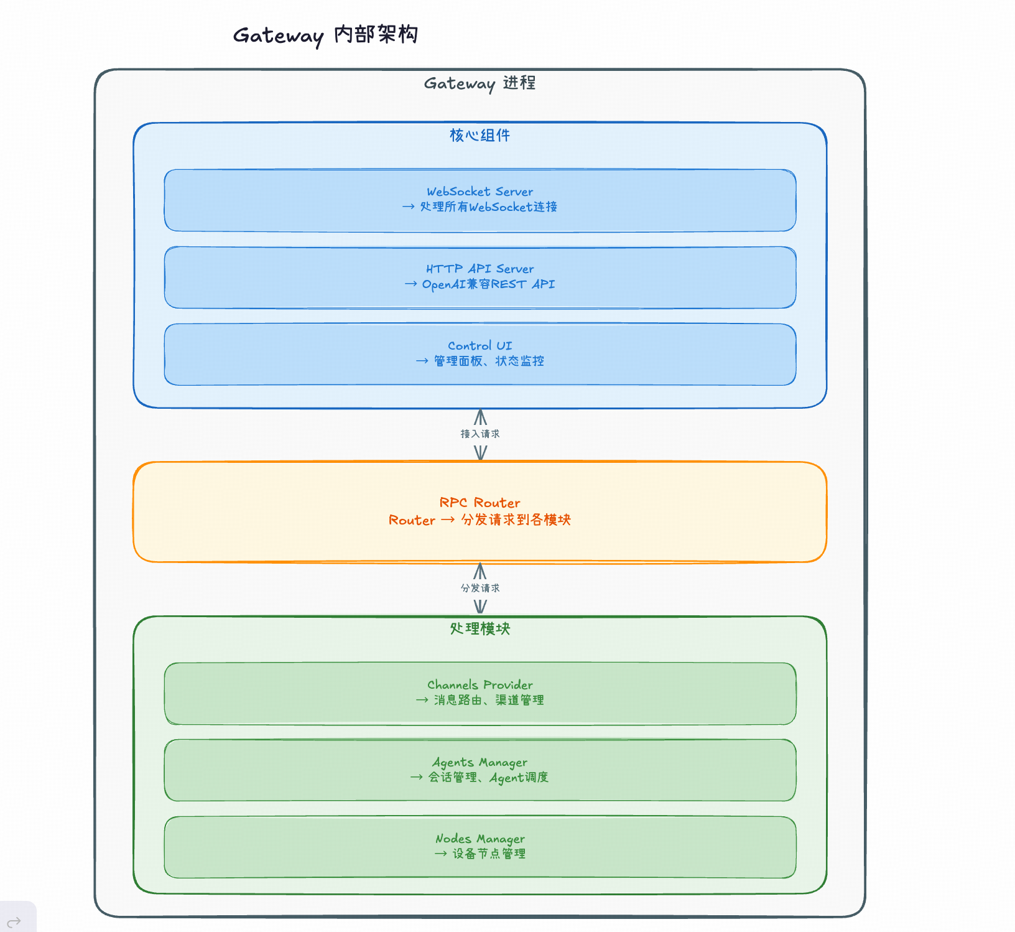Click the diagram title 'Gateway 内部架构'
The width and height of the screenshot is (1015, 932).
[x=325, y=35]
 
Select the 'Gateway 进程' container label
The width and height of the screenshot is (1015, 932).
[x=480, y=83]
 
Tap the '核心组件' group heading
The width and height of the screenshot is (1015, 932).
[x=480, y=135]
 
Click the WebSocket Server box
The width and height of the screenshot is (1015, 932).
[x=480, y=200]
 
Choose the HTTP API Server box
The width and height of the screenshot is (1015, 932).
[x=480, y=277]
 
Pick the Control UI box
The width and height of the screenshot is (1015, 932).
[x=480, y=354]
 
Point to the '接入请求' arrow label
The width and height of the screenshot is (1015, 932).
[x=480, y=434]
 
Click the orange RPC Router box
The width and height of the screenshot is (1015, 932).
[x=480, y=511]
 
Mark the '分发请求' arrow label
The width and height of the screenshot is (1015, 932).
[x=480, y=588]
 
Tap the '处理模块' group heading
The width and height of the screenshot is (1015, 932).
[x=480, y=628]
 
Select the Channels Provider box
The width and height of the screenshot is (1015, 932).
[x=480, y=693]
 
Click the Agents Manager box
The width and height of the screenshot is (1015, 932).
[x=480, y=770]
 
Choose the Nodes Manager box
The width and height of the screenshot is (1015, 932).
[x=480, y=847]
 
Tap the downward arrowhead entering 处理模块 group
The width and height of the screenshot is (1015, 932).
[x=480, y=607]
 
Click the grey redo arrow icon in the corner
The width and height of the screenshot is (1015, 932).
[x=14, y=921]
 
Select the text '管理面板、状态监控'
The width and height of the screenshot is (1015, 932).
[x=489, y=361]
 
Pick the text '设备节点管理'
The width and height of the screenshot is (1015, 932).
[x=489, y=854]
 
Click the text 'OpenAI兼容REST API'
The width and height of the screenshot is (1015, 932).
[x=488, y=284]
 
